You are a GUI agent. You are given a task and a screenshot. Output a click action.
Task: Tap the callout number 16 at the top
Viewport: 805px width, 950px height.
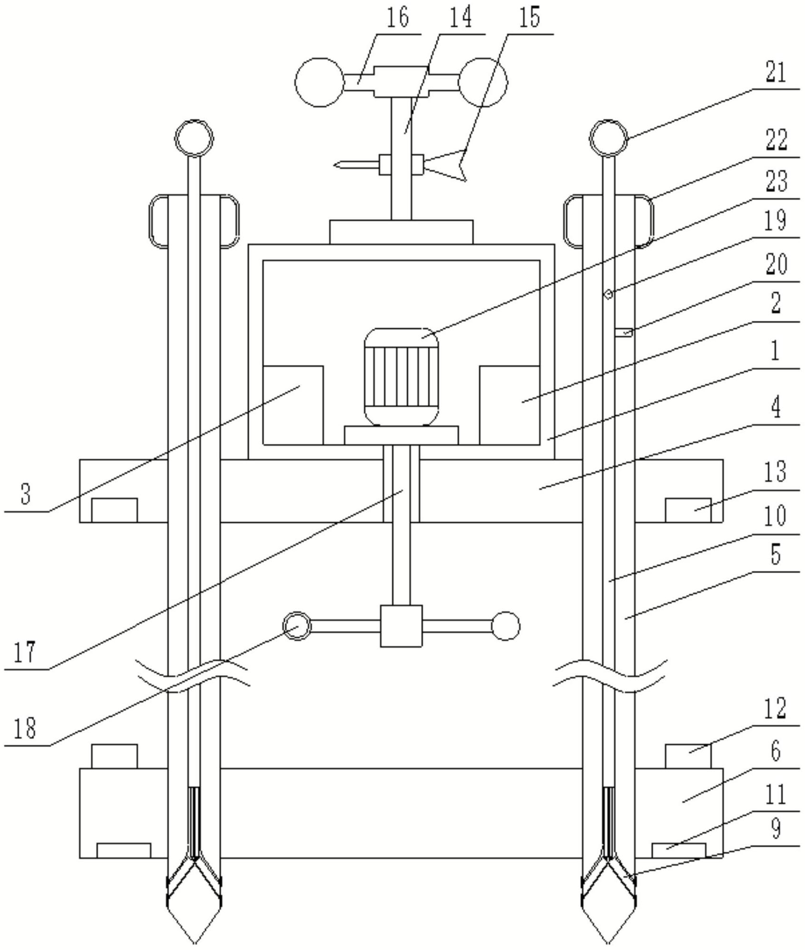pyautogui.click(x=397, y=19)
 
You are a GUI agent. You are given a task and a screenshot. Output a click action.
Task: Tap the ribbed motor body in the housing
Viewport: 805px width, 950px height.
pyautogui.click(x=401, y=377)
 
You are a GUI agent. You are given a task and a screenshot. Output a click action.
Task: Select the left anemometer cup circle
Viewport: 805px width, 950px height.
pyautogui.click(x=319, y=82)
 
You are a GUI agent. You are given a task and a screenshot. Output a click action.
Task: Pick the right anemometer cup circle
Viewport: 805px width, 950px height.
pyautogui.click(x=483, y=82)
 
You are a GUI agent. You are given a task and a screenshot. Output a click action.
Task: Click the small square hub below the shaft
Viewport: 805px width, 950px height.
pyautogui.click(x=401, y=626)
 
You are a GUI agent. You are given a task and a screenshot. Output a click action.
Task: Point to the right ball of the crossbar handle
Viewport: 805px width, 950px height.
pyautogui.click(x=506, y=626)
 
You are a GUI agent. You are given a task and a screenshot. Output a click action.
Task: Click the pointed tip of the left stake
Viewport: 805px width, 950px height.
pyautogui.click(x=194, y=943)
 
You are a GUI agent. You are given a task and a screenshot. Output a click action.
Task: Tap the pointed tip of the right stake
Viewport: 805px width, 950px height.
pyautogui.click(x=608, y=943)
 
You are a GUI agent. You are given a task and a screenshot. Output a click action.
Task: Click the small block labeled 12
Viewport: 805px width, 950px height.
pyautogui.click(x=688, y=756)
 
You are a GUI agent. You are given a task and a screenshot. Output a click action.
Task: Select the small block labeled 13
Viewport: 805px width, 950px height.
pyautogui.click(x=688, y=510)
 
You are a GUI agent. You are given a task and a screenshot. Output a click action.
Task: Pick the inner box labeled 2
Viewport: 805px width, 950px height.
pyautogui.click(x=509, y=405)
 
